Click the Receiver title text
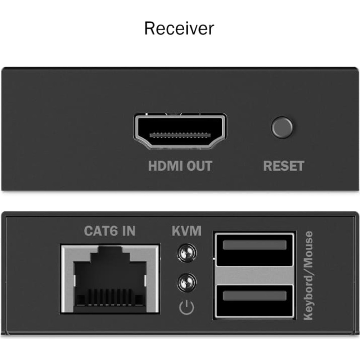click(179, 28)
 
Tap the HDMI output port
click(180, 131)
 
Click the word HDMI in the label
click(165, 166)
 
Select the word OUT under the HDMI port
click(199, 166)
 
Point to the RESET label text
click(284, 166)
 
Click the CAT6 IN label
click(110, 231)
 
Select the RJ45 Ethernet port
click(110, 279)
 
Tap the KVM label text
click(186, 231)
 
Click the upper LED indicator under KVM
click(186, 253)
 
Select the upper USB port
click(254, 250)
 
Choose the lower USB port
click(254, 301)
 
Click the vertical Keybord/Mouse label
click(308, 275)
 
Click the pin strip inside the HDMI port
click(180, 135)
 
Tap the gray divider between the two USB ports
click(254, 275)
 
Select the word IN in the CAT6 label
click(129, 231)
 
